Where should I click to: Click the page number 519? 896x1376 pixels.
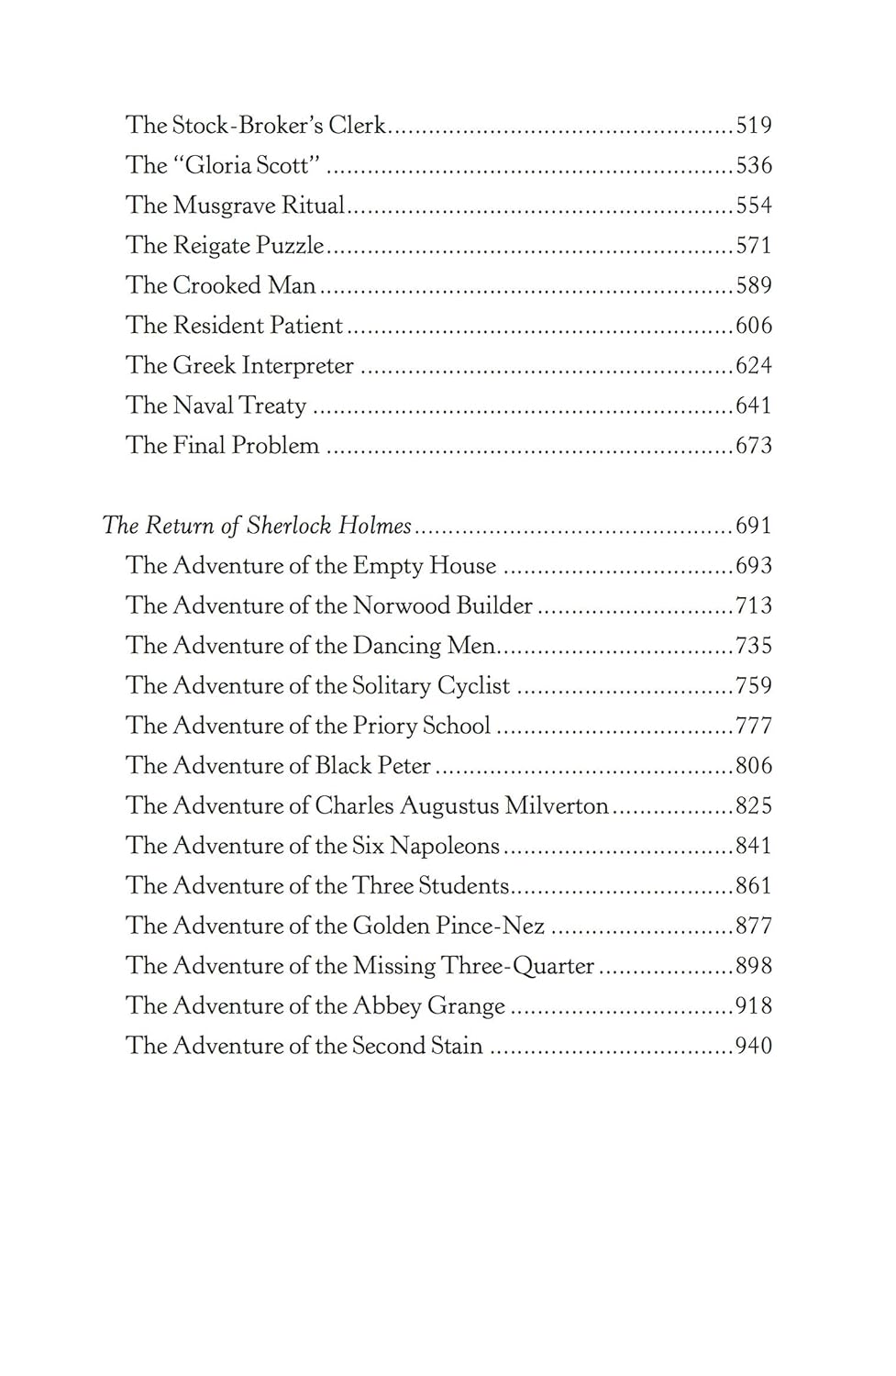click(x=754, y=126)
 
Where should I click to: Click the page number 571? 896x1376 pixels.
click(x=754, y=246)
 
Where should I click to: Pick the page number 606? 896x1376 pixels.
click(x=754, y=326)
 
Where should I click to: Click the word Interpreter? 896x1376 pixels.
click(x=294, y=366)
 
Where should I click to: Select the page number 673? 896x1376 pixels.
click(x=754, y=446)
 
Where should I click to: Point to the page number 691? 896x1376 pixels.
click(x=754, y=526)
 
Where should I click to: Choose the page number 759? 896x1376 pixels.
click(x=754, y=686)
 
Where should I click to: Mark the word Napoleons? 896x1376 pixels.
click(x=444, y=846)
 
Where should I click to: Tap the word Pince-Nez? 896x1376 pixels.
click(x=490, y=926)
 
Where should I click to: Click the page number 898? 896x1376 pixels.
click(x=754, y=966)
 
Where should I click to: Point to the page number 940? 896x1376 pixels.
click(x=754, y=1046)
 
